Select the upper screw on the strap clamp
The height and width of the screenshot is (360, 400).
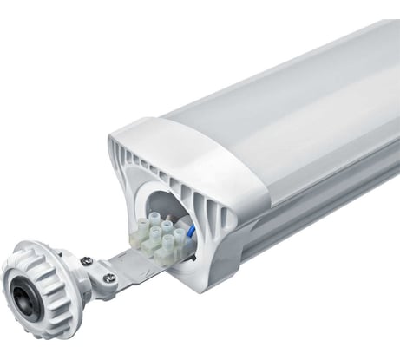[x=87, y=261]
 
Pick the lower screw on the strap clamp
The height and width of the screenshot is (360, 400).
[x=109, y=278]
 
